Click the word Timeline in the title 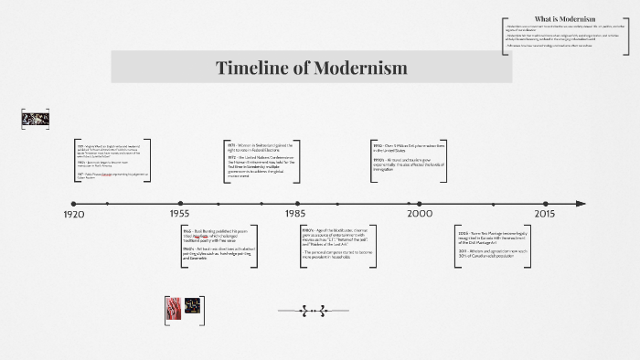[250, 69]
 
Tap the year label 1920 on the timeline [74, 214]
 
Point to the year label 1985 [294, 214]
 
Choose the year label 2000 [419, 214]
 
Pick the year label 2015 [544, 214]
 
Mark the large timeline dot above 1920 [74, 203]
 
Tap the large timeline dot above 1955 [180, 203]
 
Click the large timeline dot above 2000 [420, 203]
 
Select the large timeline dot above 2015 [544, 203]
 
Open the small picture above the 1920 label [34, 119]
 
